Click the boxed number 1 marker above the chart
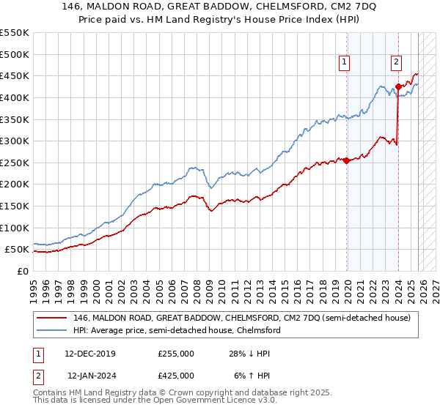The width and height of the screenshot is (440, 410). click(x=344, y=63)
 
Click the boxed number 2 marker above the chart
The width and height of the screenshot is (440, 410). click(x=396, y=63)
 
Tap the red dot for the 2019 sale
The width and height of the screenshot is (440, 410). click(x=346, y=160)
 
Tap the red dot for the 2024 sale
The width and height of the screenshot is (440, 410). click(x=398, y=86)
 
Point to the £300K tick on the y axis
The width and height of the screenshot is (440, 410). click(x=15, y=141)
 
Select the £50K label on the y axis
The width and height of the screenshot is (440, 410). click(x=18, y=250)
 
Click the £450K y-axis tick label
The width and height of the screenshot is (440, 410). click(x=15, y=75)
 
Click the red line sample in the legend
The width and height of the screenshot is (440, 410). click(x=51, y=318)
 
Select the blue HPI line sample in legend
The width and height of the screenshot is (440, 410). click(x=51, y=330)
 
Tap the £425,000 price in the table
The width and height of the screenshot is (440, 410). click(x=175, y=375)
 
